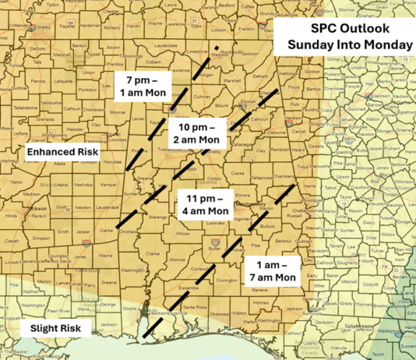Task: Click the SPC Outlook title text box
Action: tap(349, 35)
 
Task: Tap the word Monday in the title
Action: tap(386, 44)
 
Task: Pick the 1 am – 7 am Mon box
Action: tap(271, 269)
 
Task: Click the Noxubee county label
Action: tap(111, 162)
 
